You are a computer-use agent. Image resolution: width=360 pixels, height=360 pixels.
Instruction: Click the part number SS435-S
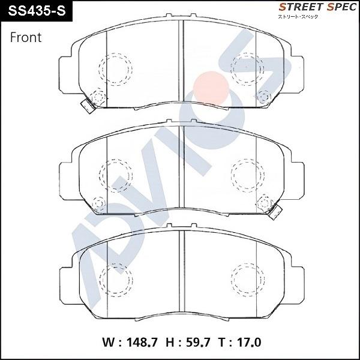37,11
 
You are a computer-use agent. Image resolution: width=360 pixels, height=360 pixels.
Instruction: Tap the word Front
26,37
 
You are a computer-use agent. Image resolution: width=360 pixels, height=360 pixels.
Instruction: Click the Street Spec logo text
317,7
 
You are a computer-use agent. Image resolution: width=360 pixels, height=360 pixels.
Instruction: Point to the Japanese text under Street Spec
298,17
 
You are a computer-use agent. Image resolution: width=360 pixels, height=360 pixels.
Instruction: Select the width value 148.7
142,343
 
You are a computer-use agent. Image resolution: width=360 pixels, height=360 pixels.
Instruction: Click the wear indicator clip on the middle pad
275,212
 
